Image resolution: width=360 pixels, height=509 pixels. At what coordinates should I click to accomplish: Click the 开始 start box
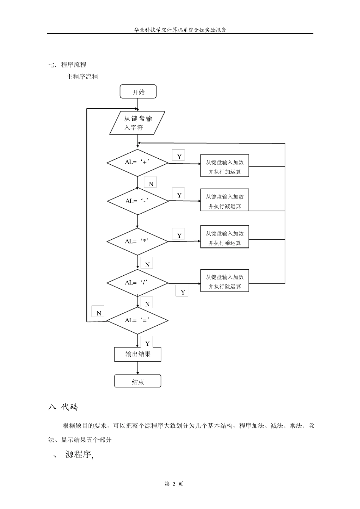coord(138,92)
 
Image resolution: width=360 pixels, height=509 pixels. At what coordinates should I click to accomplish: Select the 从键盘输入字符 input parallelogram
coord(138,123)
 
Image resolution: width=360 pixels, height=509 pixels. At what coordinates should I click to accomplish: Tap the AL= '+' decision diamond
coord(137,162)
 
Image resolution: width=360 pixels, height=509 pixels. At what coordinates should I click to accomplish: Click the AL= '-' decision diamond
coord(138,201)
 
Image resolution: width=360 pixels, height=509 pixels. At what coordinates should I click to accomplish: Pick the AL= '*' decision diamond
coord(137,241)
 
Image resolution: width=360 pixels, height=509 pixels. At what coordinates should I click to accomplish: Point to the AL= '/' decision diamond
coord(137,283)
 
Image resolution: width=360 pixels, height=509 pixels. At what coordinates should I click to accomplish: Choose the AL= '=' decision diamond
coord(137,320)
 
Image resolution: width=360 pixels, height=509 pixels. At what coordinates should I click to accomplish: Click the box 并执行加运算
coord(225,167)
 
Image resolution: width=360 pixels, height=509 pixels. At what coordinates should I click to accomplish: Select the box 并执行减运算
coord(225,201)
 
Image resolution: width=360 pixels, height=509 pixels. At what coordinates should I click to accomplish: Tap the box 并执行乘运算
coord(225,238)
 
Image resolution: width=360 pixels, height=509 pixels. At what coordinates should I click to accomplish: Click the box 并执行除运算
coord(225,282)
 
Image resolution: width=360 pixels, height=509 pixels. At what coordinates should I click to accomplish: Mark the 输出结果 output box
coord(138,354)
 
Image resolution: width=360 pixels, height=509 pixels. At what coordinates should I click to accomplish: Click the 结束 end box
coord(138,381)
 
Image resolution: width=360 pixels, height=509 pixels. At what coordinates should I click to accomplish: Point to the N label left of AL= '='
coord(99,313)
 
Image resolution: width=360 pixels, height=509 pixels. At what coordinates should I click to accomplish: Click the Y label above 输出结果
coord(147,343)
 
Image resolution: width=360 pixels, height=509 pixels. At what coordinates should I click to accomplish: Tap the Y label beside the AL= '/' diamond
coord(183,292)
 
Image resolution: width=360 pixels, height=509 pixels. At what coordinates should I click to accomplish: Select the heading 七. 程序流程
coord(67,65)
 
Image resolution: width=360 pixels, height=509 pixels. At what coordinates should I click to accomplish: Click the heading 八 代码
coord(63,407)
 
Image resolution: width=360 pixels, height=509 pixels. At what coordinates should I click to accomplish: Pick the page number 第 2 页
coord(174,484)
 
